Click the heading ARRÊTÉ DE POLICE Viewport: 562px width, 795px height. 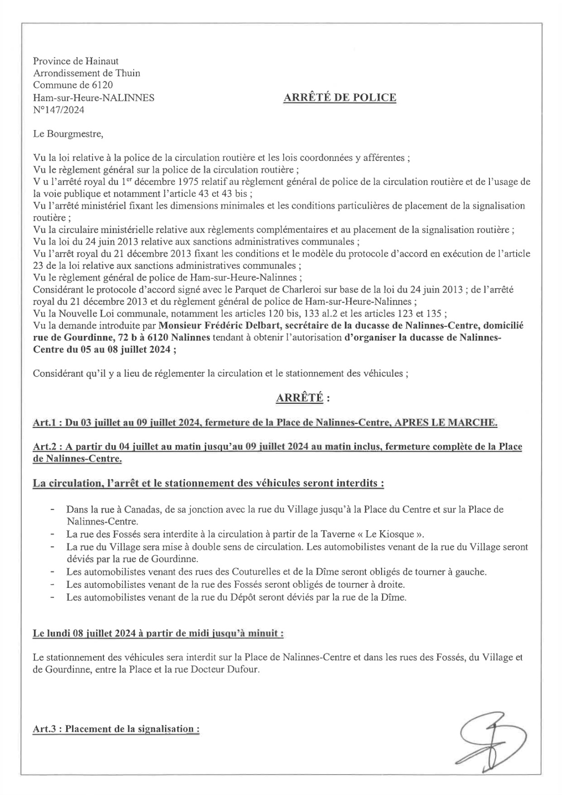[339, 98]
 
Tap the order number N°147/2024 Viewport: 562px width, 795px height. [58, 110]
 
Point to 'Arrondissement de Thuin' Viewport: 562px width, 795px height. [86, 74]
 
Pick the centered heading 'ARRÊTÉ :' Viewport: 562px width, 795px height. [303, 398]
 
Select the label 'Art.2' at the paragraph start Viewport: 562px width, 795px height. [43, 447]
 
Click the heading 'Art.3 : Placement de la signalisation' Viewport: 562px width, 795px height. [116, 729]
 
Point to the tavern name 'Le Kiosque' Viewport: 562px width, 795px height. [393, 535]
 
